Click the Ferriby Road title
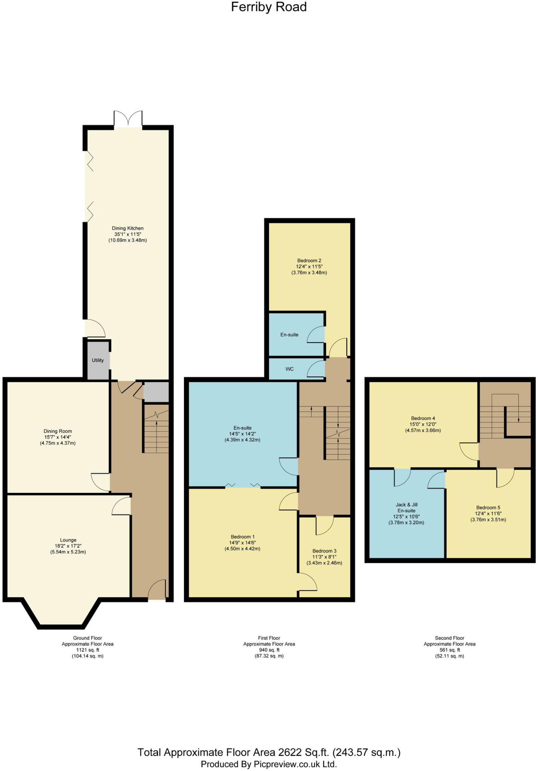click(269, 7)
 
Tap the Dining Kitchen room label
click(127, 228)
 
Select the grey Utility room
click(98, 360)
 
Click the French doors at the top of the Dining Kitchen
click(128, 119)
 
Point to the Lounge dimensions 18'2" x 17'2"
click(68, 546)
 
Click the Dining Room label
click(58, 431)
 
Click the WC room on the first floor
click(289, 369)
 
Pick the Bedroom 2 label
click(309, 261)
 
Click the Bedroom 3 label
click(324, 551)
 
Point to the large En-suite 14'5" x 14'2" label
click(242, 434)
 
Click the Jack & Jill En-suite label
click(406, 507)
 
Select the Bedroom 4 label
click(423, 418)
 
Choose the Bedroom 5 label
click(488, 507)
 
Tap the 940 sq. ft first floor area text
click(269, 650)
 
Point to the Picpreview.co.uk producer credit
click(269, 764)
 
